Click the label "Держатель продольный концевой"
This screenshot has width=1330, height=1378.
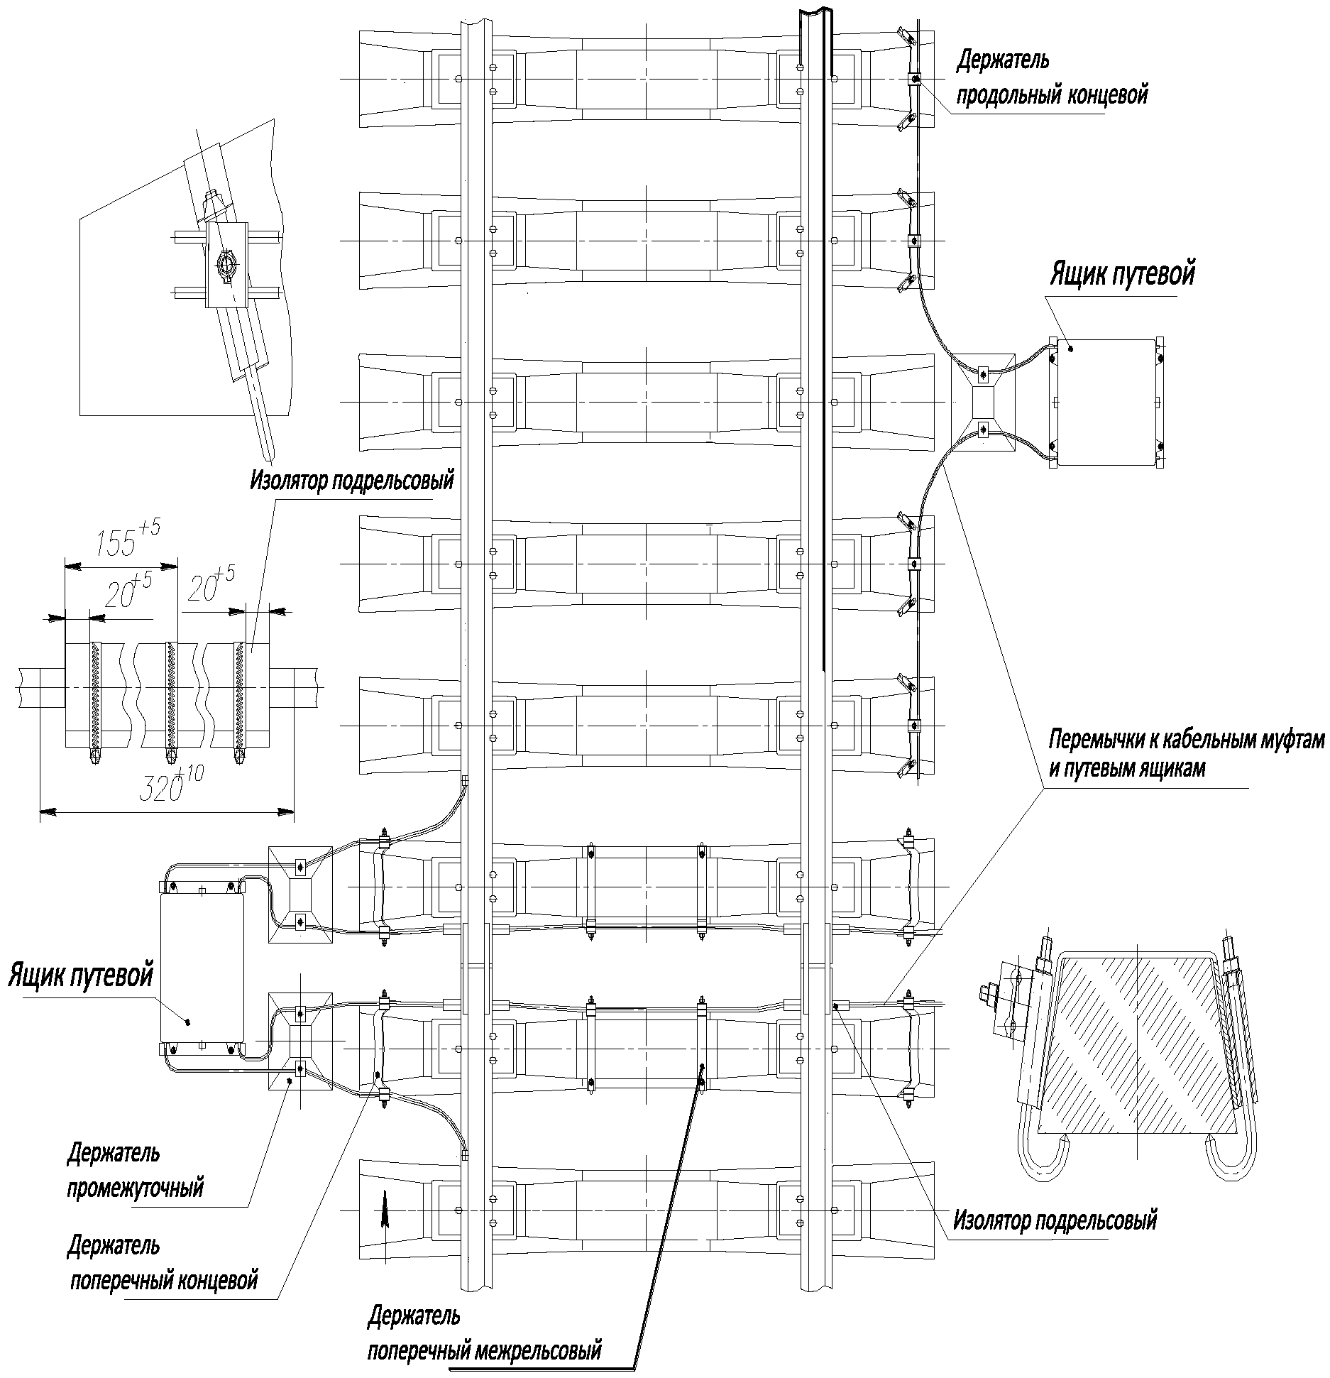(x=1051, y=77)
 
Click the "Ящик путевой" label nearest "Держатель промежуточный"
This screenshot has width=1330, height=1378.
(x=80, y=975)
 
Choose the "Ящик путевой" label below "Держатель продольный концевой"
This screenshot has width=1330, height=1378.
(x=1122, y=274)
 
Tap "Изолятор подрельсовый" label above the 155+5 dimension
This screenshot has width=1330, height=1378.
(x=351, y=481)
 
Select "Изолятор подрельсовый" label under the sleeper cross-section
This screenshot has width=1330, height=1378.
(x=1055, y=1220)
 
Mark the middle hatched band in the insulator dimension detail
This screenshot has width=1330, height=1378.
(x=170, y=696)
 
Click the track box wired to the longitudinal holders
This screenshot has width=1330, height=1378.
(x=1106, y=402)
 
